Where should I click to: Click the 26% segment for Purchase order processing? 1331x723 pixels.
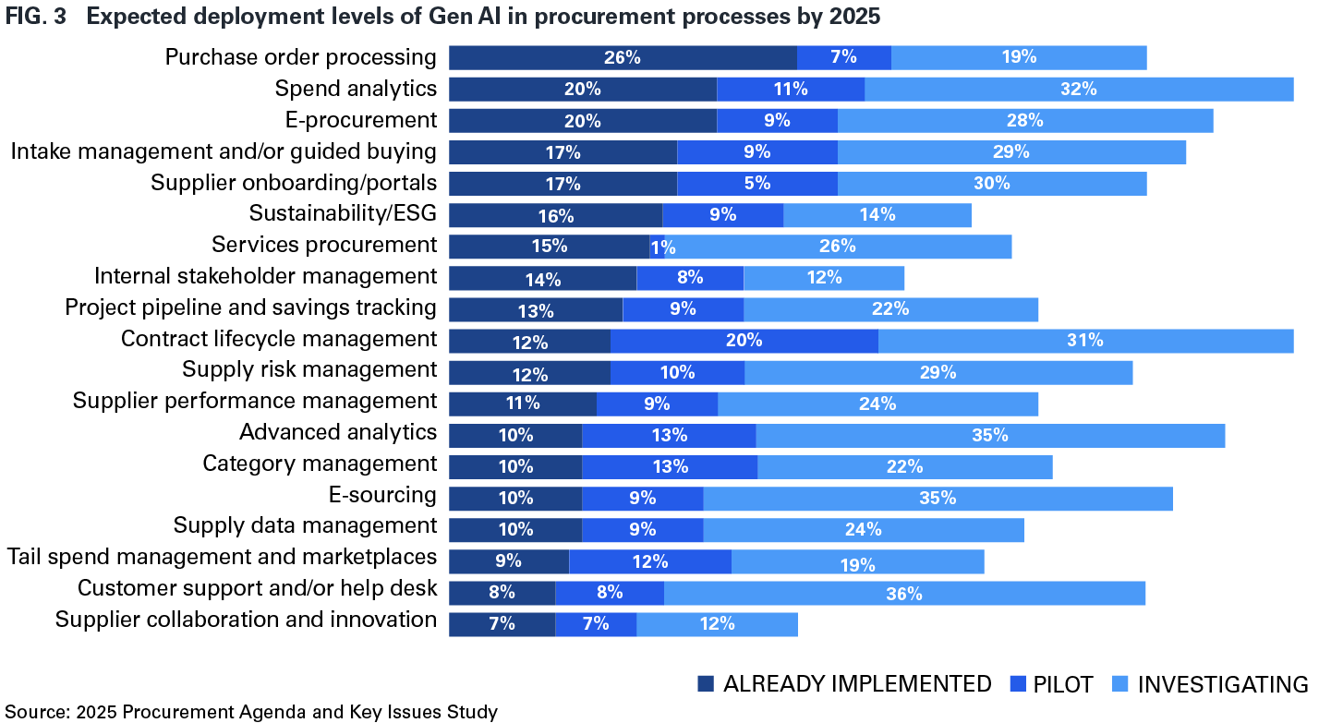[623, 57]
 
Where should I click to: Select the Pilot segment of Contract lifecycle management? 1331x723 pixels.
[744, 341]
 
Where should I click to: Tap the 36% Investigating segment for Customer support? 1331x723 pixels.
[904, 593]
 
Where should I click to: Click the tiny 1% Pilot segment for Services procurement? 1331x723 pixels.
[657, 247]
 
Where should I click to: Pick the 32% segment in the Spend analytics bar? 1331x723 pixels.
[1078, 89]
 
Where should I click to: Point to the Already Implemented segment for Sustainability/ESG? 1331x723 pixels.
[555, 215]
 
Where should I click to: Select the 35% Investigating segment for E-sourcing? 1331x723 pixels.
[938, 499]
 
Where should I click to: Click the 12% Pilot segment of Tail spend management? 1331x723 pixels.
[649, 561]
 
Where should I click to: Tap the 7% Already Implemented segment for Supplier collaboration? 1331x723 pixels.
[502, 624]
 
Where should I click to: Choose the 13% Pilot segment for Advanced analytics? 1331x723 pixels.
[668, 435]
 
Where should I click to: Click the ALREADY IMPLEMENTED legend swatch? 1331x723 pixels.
[707, 684]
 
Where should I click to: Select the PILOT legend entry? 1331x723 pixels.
[1063, 684]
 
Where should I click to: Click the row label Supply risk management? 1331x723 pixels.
[309, 369]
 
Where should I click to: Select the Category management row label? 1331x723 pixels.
[320, 463]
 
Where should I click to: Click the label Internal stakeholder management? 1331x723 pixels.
[265, 276]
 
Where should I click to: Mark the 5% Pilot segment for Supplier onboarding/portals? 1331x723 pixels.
[756, 183]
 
